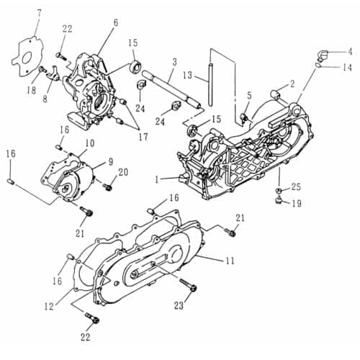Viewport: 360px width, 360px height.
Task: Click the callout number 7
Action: tap(39, 12)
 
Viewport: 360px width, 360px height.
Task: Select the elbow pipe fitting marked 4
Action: tap(323, 55)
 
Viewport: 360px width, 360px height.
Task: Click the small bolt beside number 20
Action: tap(107, 186)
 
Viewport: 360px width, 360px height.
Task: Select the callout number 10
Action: tap(90, 143)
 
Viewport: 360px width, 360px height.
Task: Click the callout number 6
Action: tap(114, 23)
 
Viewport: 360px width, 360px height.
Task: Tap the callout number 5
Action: tap(249, 95)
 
